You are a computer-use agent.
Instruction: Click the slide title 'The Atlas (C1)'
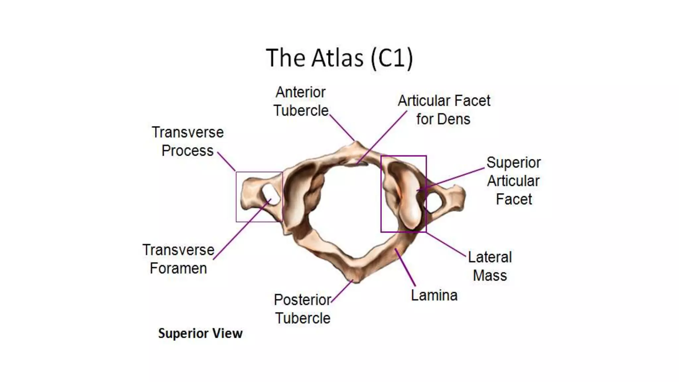pos(339,58)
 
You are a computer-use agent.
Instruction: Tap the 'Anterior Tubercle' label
pos(301,101)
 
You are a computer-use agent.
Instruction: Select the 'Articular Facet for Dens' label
pos(444,110)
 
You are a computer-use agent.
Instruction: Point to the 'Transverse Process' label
pos(188,142)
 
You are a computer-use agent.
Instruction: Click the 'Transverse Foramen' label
pos(178,259)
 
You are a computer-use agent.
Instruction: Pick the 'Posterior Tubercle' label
pos(302,309)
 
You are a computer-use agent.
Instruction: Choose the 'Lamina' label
pos(434,295)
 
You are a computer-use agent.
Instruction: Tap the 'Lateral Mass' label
pos(490,266)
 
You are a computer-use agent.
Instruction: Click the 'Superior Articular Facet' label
pos(514,181)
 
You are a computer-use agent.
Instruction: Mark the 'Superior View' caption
pos(200,333)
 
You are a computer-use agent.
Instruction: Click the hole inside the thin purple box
pos(271,195)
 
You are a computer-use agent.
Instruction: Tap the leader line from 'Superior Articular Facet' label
pos(454,178)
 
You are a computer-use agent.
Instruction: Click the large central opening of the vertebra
pos(351,209)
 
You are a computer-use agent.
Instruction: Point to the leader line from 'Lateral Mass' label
pos(446,244)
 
